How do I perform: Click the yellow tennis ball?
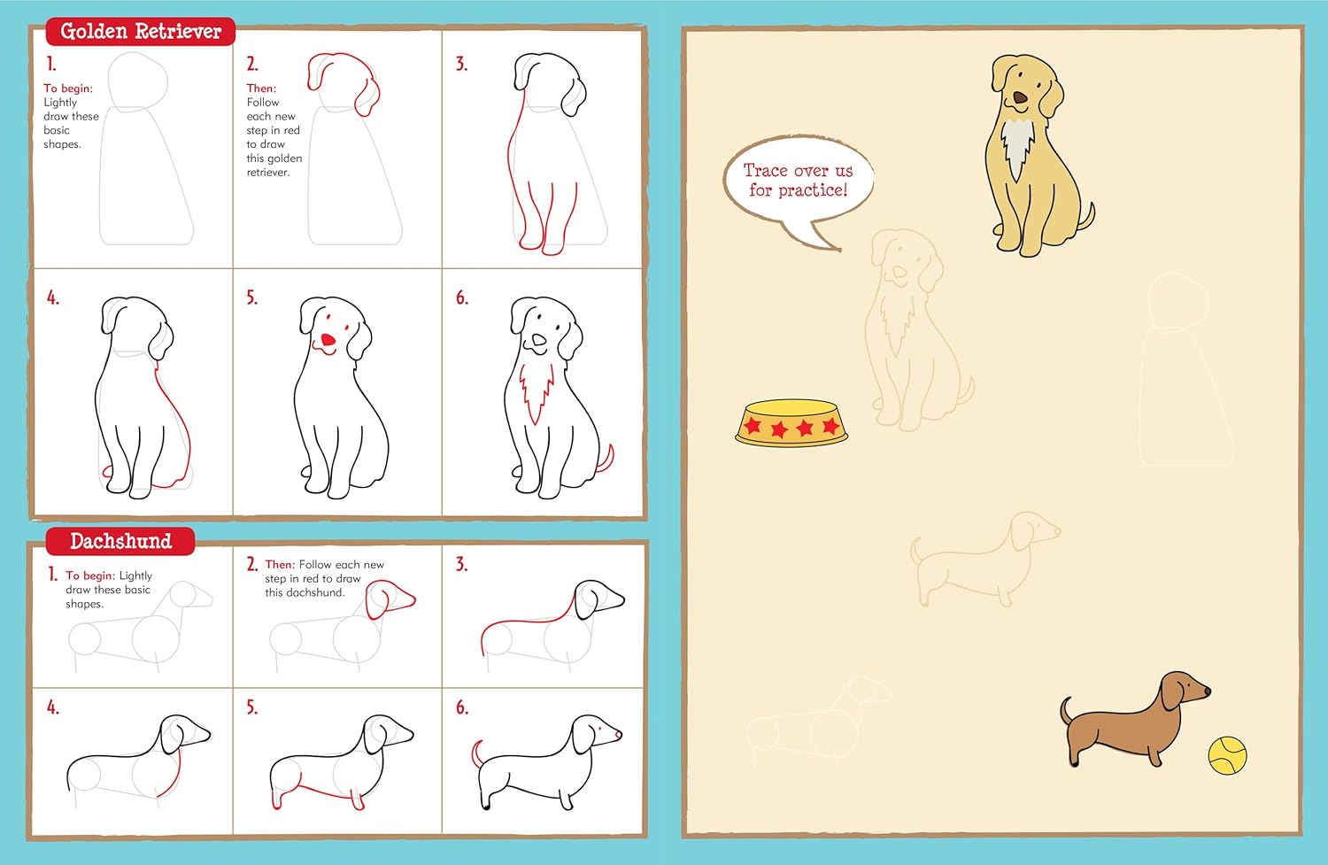pos(1227,755)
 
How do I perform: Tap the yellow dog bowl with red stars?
pos(791,422)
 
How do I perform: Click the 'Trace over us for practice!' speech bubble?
pos(798,181)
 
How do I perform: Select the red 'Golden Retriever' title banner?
pos(140,32)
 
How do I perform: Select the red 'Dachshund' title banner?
pos(120,541)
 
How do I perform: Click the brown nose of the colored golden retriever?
pos(1020,98)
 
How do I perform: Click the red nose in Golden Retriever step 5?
pos(328,340)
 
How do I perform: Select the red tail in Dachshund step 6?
pos(477,753)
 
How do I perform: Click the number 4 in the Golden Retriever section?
pos(52,298)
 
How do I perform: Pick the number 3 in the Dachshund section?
pos(461,565)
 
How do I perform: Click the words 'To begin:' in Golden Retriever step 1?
pos(68,89)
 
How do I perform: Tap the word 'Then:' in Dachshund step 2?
pos(280,565)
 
